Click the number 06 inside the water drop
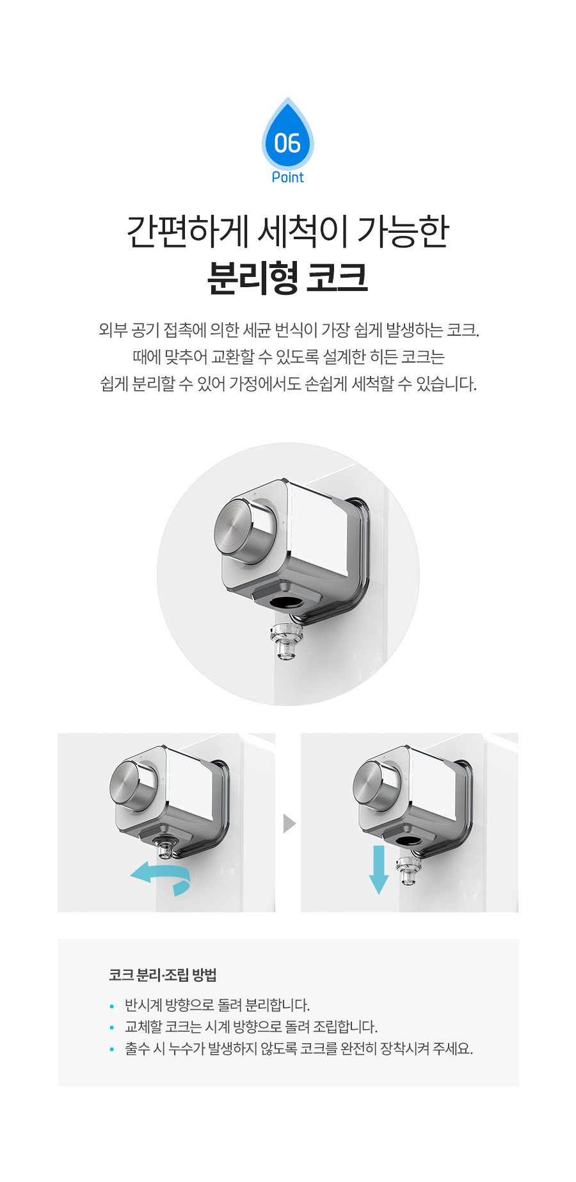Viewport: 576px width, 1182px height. (287, 143)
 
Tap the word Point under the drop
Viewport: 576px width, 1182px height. (288, 177)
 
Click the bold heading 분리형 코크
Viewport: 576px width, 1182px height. (288, 278)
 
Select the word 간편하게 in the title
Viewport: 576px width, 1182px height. (188, 231)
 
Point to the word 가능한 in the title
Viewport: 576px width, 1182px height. (403, 231)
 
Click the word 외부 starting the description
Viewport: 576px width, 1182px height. (113, 330)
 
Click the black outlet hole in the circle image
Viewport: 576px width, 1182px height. (287, 602)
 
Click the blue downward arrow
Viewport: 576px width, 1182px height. (379, 869)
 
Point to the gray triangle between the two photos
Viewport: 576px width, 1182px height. (289, 823)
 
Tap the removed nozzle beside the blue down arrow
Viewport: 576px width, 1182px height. (408, 871)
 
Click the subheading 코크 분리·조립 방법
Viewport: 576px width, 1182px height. (163, 975)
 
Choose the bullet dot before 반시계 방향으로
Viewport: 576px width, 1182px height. (112, 1006)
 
